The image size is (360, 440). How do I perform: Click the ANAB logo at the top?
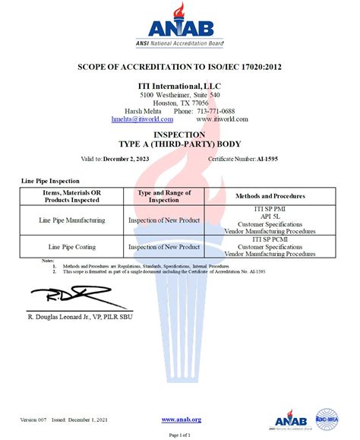pyautogui.click(x=179, y=26)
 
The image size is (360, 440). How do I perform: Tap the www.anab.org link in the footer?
pyautogui.click(x=181, y=419)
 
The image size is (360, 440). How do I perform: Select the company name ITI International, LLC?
pyautogui.click(x=180, y=86)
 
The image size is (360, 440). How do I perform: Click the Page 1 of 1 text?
pyautogui.click(x=180, y=434)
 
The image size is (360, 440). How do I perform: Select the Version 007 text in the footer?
pyautogui.click(x=33, y=420)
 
